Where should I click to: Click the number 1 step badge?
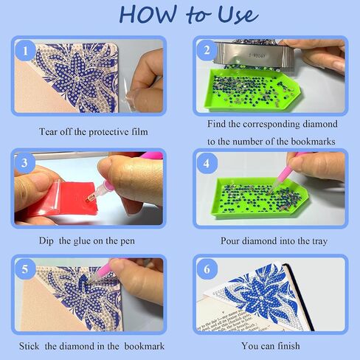[25, 51]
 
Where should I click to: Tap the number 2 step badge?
[207, 50]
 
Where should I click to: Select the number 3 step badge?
[24, 163]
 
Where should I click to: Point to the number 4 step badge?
[207, 163]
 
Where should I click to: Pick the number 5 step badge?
[25, 269]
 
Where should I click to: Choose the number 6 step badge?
[207, 269]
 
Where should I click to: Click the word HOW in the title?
[148, 14]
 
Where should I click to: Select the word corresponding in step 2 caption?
[271, 124]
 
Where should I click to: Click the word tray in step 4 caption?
[320, 241]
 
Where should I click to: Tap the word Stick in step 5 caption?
[29, 346]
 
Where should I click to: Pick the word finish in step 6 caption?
[288, 346]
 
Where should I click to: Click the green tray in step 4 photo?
[260, 198]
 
